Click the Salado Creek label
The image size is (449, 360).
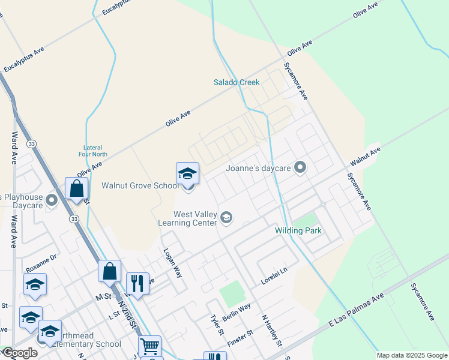[x=236, y=82]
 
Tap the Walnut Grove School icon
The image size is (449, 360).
[x=187, y=174]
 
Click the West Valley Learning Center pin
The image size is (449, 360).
[x=226, y=217]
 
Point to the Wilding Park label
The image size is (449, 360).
[x=298, y=230]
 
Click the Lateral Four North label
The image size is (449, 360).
[x=93, y=151]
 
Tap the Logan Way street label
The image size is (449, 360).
[x=173, y=262]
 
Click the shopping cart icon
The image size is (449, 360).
[x=149, y=346]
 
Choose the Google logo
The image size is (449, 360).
[x=20, y=353]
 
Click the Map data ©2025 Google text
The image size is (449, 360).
[x=412, y=355]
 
